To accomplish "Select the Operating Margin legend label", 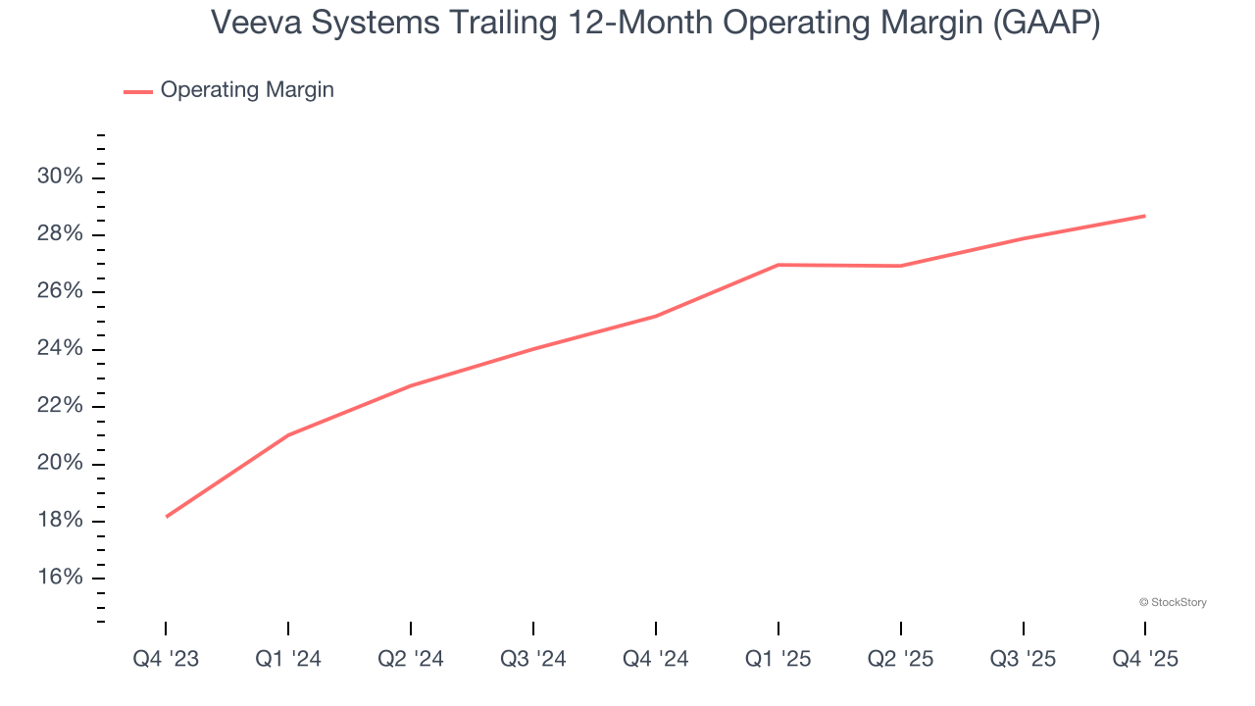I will point(247,90).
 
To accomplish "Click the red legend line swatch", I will point(138,91).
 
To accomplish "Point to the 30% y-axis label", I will point(61,177).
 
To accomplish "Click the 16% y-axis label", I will point(61,578).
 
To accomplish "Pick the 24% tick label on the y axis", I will point(61,349).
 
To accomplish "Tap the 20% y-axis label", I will point(61,464).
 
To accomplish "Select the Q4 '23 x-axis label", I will point(166,659).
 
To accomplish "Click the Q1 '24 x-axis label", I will point(288,659).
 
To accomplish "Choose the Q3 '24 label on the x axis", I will point(533,659).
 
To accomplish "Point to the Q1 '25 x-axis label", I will point(778,659).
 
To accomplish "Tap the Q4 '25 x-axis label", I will point(1145,659).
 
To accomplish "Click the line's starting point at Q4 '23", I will point(166,517).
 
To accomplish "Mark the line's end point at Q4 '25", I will point(1145,216).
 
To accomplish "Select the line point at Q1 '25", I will point(778,265).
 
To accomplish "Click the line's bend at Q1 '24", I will point(288,434).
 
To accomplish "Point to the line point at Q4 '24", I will point(656,316).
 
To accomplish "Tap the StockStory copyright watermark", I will point(1173,602).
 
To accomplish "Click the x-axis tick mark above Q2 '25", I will point(901,629).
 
